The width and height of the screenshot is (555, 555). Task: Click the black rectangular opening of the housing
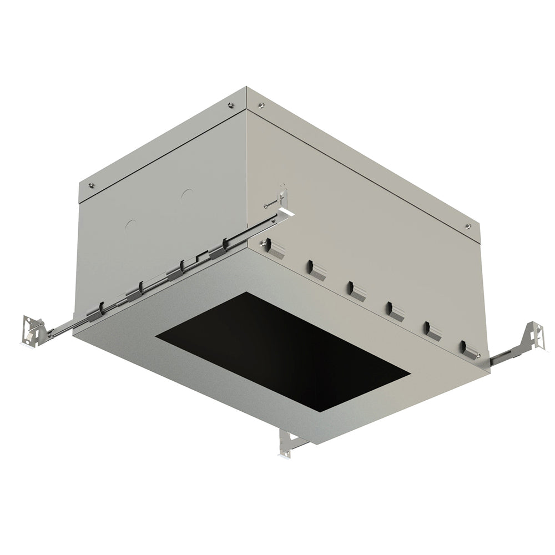(x=283, y=355)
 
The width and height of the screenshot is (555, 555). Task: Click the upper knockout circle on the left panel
(x=187, y=195)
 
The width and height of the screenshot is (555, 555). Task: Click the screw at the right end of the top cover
(x=469, y=226)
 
